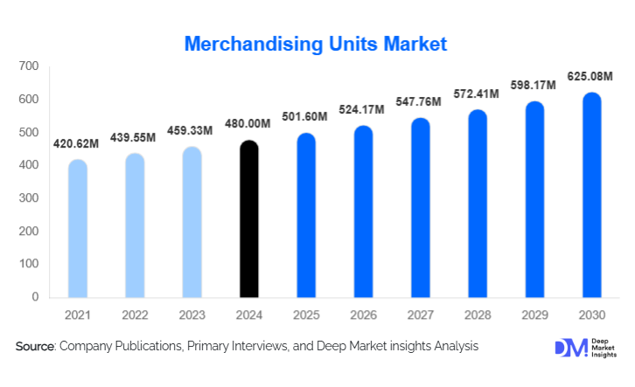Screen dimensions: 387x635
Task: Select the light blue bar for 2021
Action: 78,229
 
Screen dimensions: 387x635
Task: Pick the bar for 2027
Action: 421,208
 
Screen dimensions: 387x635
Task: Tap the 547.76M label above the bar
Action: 419,102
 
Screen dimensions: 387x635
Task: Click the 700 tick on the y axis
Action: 29,66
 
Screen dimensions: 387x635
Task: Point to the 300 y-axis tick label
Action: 29,198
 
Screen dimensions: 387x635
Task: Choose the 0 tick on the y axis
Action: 36,297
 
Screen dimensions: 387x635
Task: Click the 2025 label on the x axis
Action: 306,313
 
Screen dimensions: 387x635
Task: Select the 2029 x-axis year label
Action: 534,313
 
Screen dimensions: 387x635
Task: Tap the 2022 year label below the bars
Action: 135,313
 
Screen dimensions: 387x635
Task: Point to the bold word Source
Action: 35,347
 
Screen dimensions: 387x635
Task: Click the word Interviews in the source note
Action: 263,347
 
